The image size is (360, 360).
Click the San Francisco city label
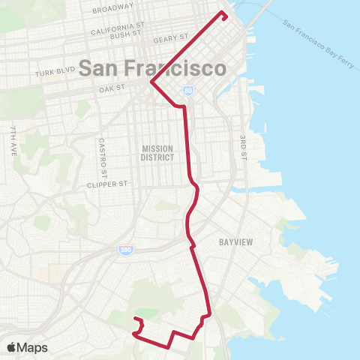[x=152, y=68]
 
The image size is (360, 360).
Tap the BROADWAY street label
[x=113, y=10]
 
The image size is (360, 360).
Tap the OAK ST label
[x=110, y=90]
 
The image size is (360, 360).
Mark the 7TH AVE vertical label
[x=13, y=141]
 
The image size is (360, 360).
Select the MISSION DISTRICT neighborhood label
[x=157, y=153]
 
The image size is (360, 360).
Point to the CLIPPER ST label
[x=109, y=184]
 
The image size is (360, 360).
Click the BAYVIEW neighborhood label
[x=235, y=242]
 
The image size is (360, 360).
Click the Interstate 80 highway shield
[x=187, y=91]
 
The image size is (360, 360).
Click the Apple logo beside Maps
[x=11, y=347]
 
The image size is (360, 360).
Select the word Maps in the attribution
[x=32, y=347]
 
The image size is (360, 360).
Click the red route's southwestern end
[x=134, y=320]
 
